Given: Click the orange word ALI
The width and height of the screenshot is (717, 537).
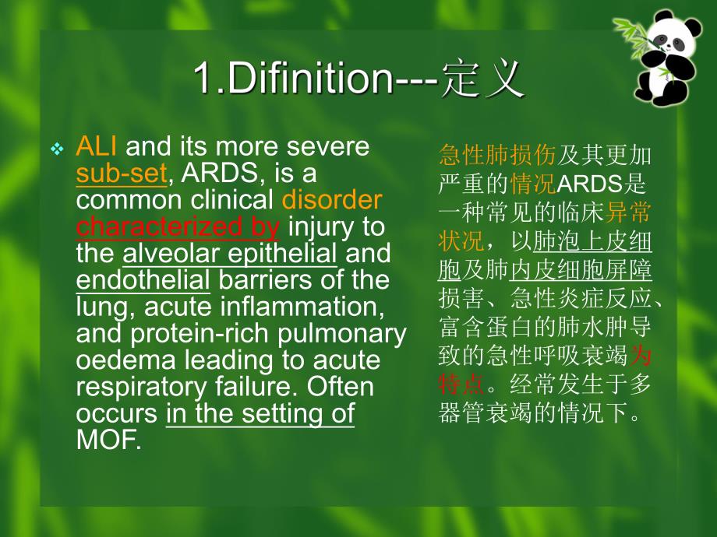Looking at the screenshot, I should [x=95, y=146].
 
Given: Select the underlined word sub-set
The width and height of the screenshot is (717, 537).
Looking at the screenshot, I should [x=122, y=173].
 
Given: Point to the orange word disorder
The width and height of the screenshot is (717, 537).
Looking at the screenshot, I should [x=331, y=200].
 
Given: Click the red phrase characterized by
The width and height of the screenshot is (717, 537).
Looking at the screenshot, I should [x=177, y=226].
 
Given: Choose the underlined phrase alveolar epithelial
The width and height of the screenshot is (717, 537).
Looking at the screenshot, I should [x=230, y=253].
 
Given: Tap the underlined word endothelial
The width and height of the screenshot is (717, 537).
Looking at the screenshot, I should [x=143, y=279].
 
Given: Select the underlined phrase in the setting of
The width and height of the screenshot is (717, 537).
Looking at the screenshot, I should [x=260, y=413].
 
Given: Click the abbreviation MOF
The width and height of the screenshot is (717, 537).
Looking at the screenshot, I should [x=108, y=440].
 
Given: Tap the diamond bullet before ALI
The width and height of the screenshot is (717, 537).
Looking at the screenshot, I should [x=56, y=148].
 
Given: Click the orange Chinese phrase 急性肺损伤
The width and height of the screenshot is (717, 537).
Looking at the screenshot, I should [x=497, y=156].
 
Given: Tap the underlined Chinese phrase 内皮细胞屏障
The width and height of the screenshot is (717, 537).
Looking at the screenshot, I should [x=581, y=270].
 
